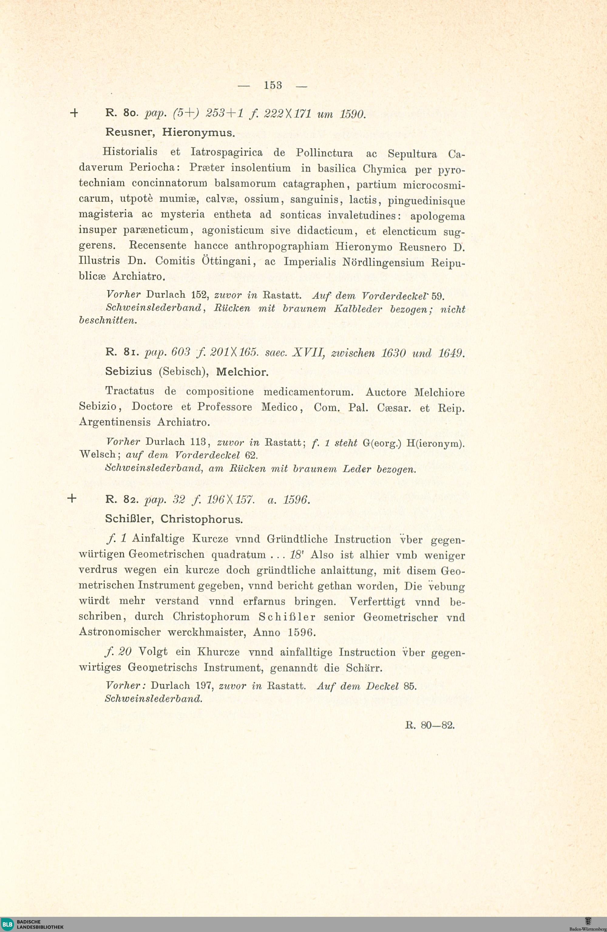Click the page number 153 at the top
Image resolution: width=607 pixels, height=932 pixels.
coord(273,85)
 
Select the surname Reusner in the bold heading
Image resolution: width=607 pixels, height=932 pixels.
coord(128,132)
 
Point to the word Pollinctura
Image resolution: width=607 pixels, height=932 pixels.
coord(324,153)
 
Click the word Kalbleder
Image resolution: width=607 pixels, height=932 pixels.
coord(358,309)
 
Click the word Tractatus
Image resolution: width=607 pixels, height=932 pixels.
coord(130,391)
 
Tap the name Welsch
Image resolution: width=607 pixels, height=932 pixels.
coord(97,454)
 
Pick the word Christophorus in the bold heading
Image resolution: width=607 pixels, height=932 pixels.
coord(202,519)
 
